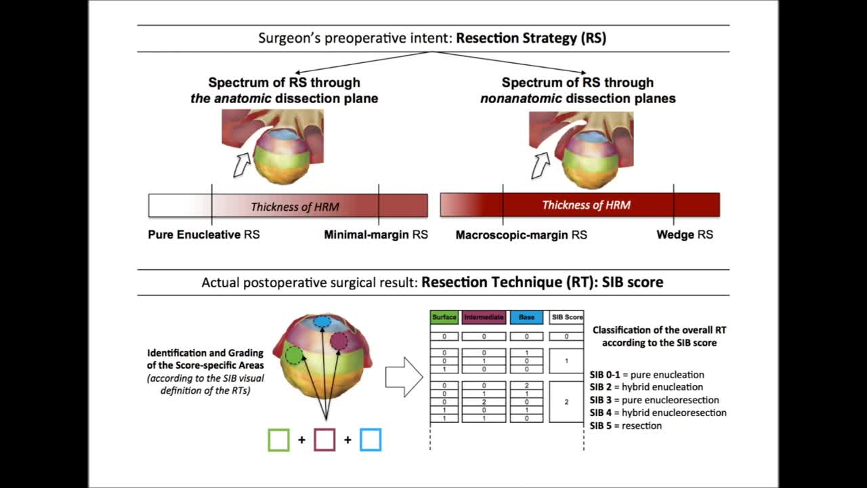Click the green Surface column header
coord(444,317)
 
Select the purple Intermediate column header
coord(484,317)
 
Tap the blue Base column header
coord(526,317)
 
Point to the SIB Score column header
coord(566,317)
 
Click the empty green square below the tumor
coord(279,440)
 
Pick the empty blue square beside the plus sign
coord(371,440)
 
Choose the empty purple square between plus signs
coord(324,440)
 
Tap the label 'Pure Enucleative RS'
coord(204,235)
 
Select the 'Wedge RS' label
coord(685,235)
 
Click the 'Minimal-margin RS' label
coord(376,235)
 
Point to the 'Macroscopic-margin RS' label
coord(521,235)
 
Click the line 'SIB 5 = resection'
coord(625,426)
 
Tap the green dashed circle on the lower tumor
coord(293,354)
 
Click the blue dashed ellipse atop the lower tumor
coord(323,323)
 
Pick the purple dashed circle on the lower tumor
coord(339,342)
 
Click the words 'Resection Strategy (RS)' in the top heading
coord(531,38)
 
